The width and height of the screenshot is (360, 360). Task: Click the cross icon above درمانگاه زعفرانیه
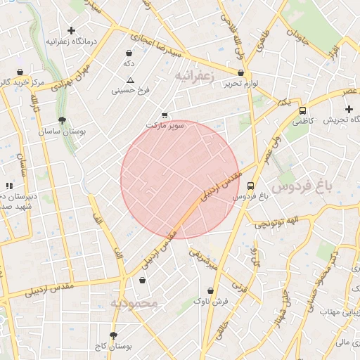click(71, 30)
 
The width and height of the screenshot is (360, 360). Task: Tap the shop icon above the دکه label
click(128, 53)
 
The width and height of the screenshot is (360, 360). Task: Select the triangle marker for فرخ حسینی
click(130, 81)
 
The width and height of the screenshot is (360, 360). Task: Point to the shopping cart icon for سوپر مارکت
click(165, 115)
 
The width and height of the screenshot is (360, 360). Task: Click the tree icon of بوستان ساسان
click(63, 120)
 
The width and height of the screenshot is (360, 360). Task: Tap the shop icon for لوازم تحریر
click(241, 73)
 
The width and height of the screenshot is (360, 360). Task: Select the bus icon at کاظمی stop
click(302, 110)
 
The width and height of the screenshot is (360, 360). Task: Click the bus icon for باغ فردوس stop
click(251, 186)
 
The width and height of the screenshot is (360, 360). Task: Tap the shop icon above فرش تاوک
click(210, 290)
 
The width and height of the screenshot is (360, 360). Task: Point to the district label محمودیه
click(136, 303)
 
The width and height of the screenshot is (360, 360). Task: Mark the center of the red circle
click(180, 179)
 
